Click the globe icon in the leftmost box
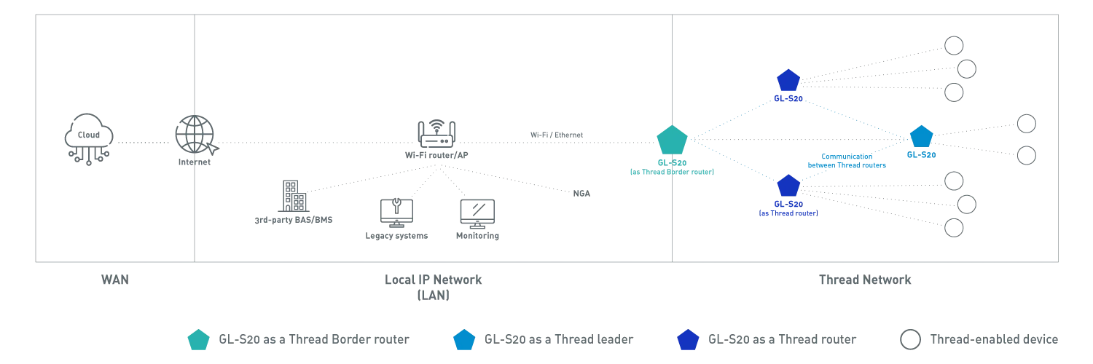click(x=88, y=138)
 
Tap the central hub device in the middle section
click(x=436, y=138)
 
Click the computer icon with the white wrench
click(x=396, y=212)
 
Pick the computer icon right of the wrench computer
click(x=475, y=215)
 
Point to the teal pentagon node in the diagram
click(x=672, y=139)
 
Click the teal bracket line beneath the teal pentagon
click(x=673, y=173)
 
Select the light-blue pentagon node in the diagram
click(x=921, y=136)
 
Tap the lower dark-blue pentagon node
click(x=788, y=186)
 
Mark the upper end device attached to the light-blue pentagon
click(x=1027, y=121)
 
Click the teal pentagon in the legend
click(x=198, y=339)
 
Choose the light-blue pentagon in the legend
click(x=464, y=339)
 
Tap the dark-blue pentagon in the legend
click(x=688, y=339)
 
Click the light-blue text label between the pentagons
click(x=845, y=160)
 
